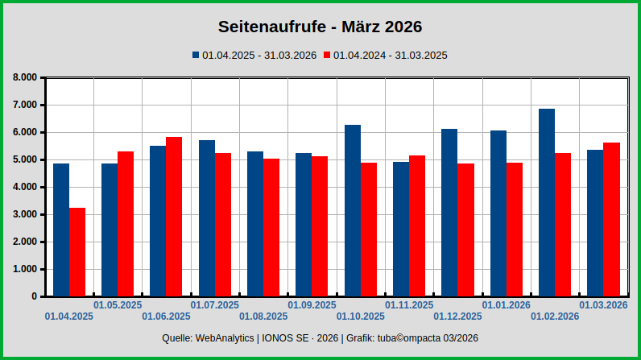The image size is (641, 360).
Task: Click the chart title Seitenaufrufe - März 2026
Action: pos(320,27)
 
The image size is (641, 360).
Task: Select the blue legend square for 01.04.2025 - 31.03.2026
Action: pos(195,56)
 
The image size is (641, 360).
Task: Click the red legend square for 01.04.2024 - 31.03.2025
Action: pos(327,56)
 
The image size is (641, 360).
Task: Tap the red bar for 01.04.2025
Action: pos(77,251)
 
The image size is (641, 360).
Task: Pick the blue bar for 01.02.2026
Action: pos(547,202)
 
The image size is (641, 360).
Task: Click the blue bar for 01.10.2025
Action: pos(353,210)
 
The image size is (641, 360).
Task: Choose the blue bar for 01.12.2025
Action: pos(449,212)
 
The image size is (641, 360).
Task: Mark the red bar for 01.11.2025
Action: pos(417,226)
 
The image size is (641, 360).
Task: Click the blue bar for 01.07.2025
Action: pos(207,217)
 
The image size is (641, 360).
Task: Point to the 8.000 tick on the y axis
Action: pos(25,77)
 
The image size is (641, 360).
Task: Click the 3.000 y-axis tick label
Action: pos(25,214)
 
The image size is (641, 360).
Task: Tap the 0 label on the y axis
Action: pos(34,296)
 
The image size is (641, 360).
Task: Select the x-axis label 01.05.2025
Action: pos(118,305)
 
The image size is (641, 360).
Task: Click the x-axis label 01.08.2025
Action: pos(263,317)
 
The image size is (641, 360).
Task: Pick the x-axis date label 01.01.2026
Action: pos(506,305)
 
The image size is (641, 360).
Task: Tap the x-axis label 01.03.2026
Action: pos(603,305)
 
